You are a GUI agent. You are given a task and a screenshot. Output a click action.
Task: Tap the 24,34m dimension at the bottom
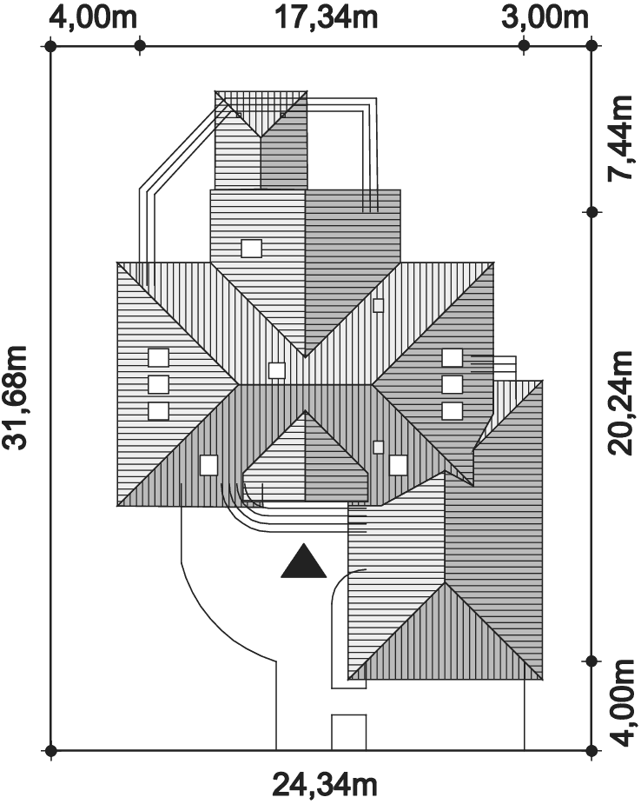[324, 785]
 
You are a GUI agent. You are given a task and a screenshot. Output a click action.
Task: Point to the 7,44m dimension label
[621, 138]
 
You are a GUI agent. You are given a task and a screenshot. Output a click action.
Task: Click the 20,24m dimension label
[621, 403]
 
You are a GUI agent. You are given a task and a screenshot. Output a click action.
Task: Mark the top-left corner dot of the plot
[50, 46]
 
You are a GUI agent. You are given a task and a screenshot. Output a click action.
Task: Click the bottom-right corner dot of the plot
[591, 751]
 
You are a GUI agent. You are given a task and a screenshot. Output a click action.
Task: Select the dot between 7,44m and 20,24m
[591, 212]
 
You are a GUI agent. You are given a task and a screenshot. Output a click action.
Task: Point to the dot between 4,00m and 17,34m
[139, 46]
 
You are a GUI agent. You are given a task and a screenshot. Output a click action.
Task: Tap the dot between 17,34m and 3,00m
[524, 46]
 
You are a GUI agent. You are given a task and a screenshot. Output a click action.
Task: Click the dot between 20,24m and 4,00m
[591, 661]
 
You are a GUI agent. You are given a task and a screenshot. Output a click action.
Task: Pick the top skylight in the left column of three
[158, 357]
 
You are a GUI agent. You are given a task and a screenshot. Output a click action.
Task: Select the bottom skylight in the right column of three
[452, 411]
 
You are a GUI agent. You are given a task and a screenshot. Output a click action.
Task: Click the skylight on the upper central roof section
[252, 249]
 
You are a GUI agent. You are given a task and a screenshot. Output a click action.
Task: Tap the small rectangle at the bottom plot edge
[349, 732]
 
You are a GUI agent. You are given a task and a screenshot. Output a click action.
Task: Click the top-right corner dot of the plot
[591, 46]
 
